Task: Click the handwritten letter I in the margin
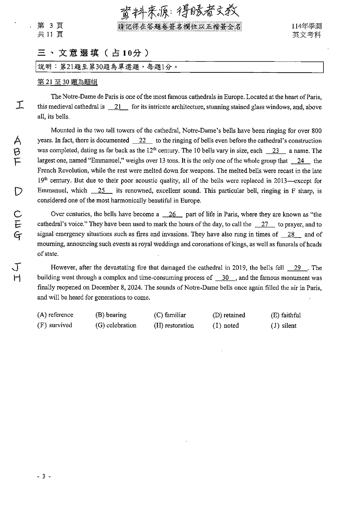[x=19, y=104]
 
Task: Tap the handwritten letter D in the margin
[x=18, y=191]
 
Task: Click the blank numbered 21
[x=118, y=107]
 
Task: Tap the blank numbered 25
[x=102, y=191]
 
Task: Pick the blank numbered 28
[x=291, y=234]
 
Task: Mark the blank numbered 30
[x=225, y=278]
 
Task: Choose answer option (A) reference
[x=55, y=315]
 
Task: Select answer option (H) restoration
[x=174, y=325]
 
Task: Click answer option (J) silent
[x=284, y=326]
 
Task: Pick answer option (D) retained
[x=229, y=315]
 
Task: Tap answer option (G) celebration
[x=116, y=325]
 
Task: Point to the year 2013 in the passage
[x=281, y=181]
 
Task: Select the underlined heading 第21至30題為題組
[x=67, y=82]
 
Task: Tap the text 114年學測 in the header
[x=307, y=26]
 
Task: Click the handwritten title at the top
[x=180, y=12]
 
